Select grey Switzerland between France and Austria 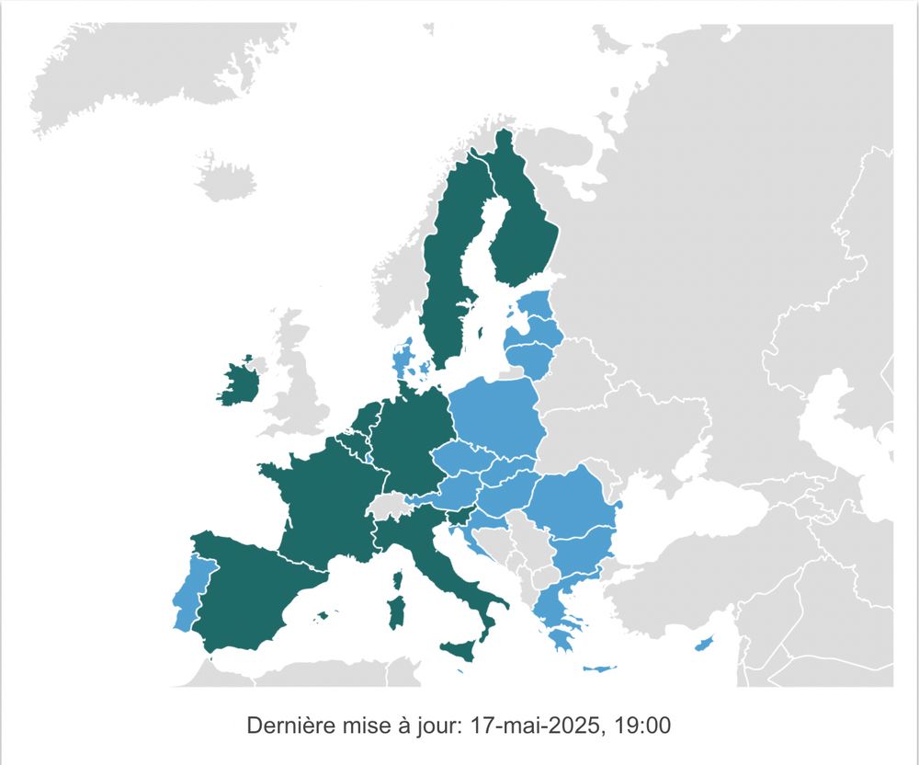tap(387, 504)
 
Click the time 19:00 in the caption tap(644, 725)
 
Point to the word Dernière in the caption tap(287, 725)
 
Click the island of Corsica tap(398, 582)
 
